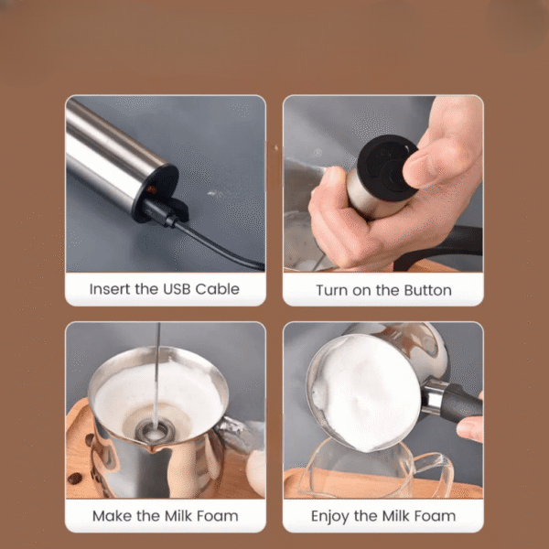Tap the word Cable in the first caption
click(x=217, y=289)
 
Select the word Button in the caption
click(x=427, y=290)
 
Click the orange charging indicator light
click(x=152, y=190)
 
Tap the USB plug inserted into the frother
click(x=159, y=213)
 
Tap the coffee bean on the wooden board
click(x=75, y=479)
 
